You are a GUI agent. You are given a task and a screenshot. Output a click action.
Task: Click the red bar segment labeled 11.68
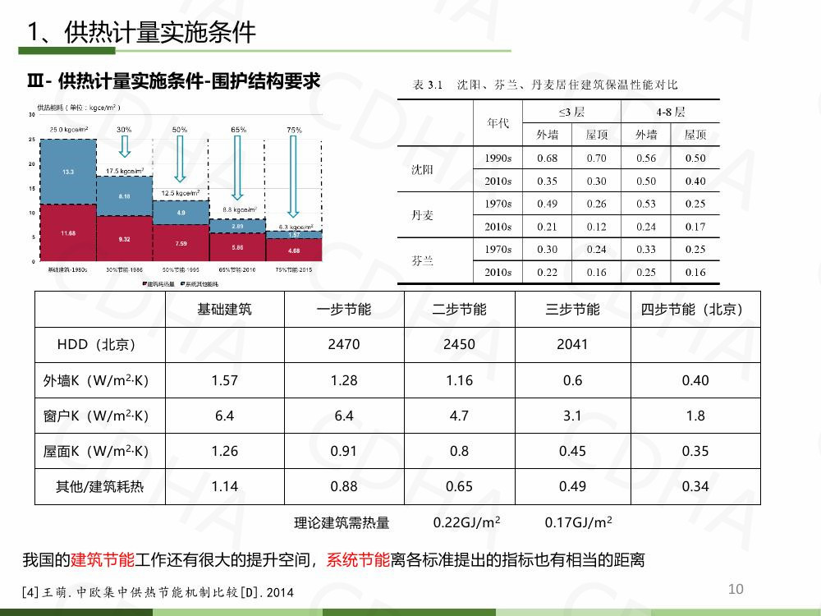67,233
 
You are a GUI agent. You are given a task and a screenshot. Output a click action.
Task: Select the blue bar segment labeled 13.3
67,172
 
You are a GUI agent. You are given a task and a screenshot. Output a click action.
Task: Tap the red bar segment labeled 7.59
181,243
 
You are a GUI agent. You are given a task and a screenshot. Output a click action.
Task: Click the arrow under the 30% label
124,146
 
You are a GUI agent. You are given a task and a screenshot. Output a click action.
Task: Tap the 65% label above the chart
238,130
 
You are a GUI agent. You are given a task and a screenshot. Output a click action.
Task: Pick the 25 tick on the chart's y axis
31,140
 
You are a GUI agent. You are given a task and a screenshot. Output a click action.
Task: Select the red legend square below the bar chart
144,283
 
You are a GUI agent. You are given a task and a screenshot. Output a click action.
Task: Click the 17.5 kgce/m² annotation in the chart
125,170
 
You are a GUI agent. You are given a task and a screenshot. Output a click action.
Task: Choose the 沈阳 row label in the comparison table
422,170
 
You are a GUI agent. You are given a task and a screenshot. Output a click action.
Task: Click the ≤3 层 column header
571,112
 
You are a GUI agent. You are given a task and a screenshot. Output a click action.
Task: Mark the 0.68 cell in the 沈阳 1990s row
547,159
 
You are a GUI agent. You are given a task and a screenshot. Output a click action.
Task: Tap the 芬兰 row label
422,260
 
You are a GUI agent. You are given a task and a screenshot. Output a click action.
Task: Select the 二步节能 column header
459,310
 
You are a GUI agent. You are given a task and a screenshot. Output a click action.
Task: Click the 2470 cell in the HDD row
343,345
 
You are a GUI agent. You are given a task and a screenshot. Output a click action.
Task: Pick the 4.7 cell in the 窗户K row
459,416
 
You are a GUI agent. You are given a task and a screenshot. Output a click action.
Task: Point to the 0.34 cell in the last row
695,486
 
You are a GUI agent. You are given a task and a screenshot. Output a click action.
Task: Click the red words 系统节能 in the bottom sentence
358,561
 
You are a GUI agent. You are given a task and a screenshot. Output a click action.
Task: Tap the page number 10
736,588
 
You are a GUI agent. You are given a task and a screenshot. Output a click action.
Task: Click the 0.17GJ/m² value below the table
578,522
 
